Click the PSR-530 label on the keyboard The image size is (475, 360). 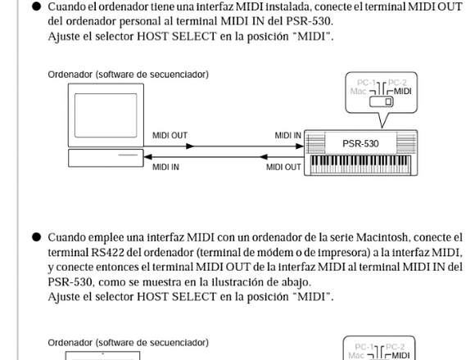(x=360, y=143)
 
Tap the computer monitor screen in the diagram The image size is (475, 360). (x=106, y=115)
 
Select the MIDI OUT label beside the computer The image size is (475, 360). (x=170, y=135)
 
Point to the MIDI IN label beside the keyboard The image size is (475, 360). (x=287, y=135)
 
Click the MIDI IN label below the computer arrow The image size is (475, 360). (x=165, y=167)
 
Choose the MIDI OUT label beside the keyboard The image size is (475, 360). (x=283, y=167)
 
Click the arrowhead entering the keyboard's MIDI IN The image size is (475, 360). (x=300, y=146)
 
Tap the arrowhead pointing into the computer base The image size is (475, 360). (x=147, y=157)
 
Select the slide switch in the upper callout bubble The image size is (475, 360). (x=381, y=101)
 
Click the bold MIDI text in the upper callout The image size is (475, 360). (x=402, y=91)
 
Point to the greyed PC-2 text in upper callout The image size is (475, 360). (x=397, y=83)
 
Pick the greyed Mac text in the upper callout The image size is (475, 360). (x=359, y=91)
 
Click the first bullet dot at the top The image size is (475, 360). (x=36, y=7)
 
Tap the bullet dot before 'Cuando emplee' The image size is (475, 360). (x=36, y=237)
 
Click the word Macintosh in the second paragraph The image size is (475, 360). (x=382, y=237)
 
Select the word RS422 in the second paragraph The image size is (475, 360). (x=107, y=252)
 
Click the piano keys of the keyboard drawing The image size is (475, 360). (x=360, y=164)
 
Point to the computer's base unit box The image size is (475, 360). (x=106, y=158)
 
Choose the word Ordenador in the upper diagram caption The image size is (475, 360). (x=70, y=74)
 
